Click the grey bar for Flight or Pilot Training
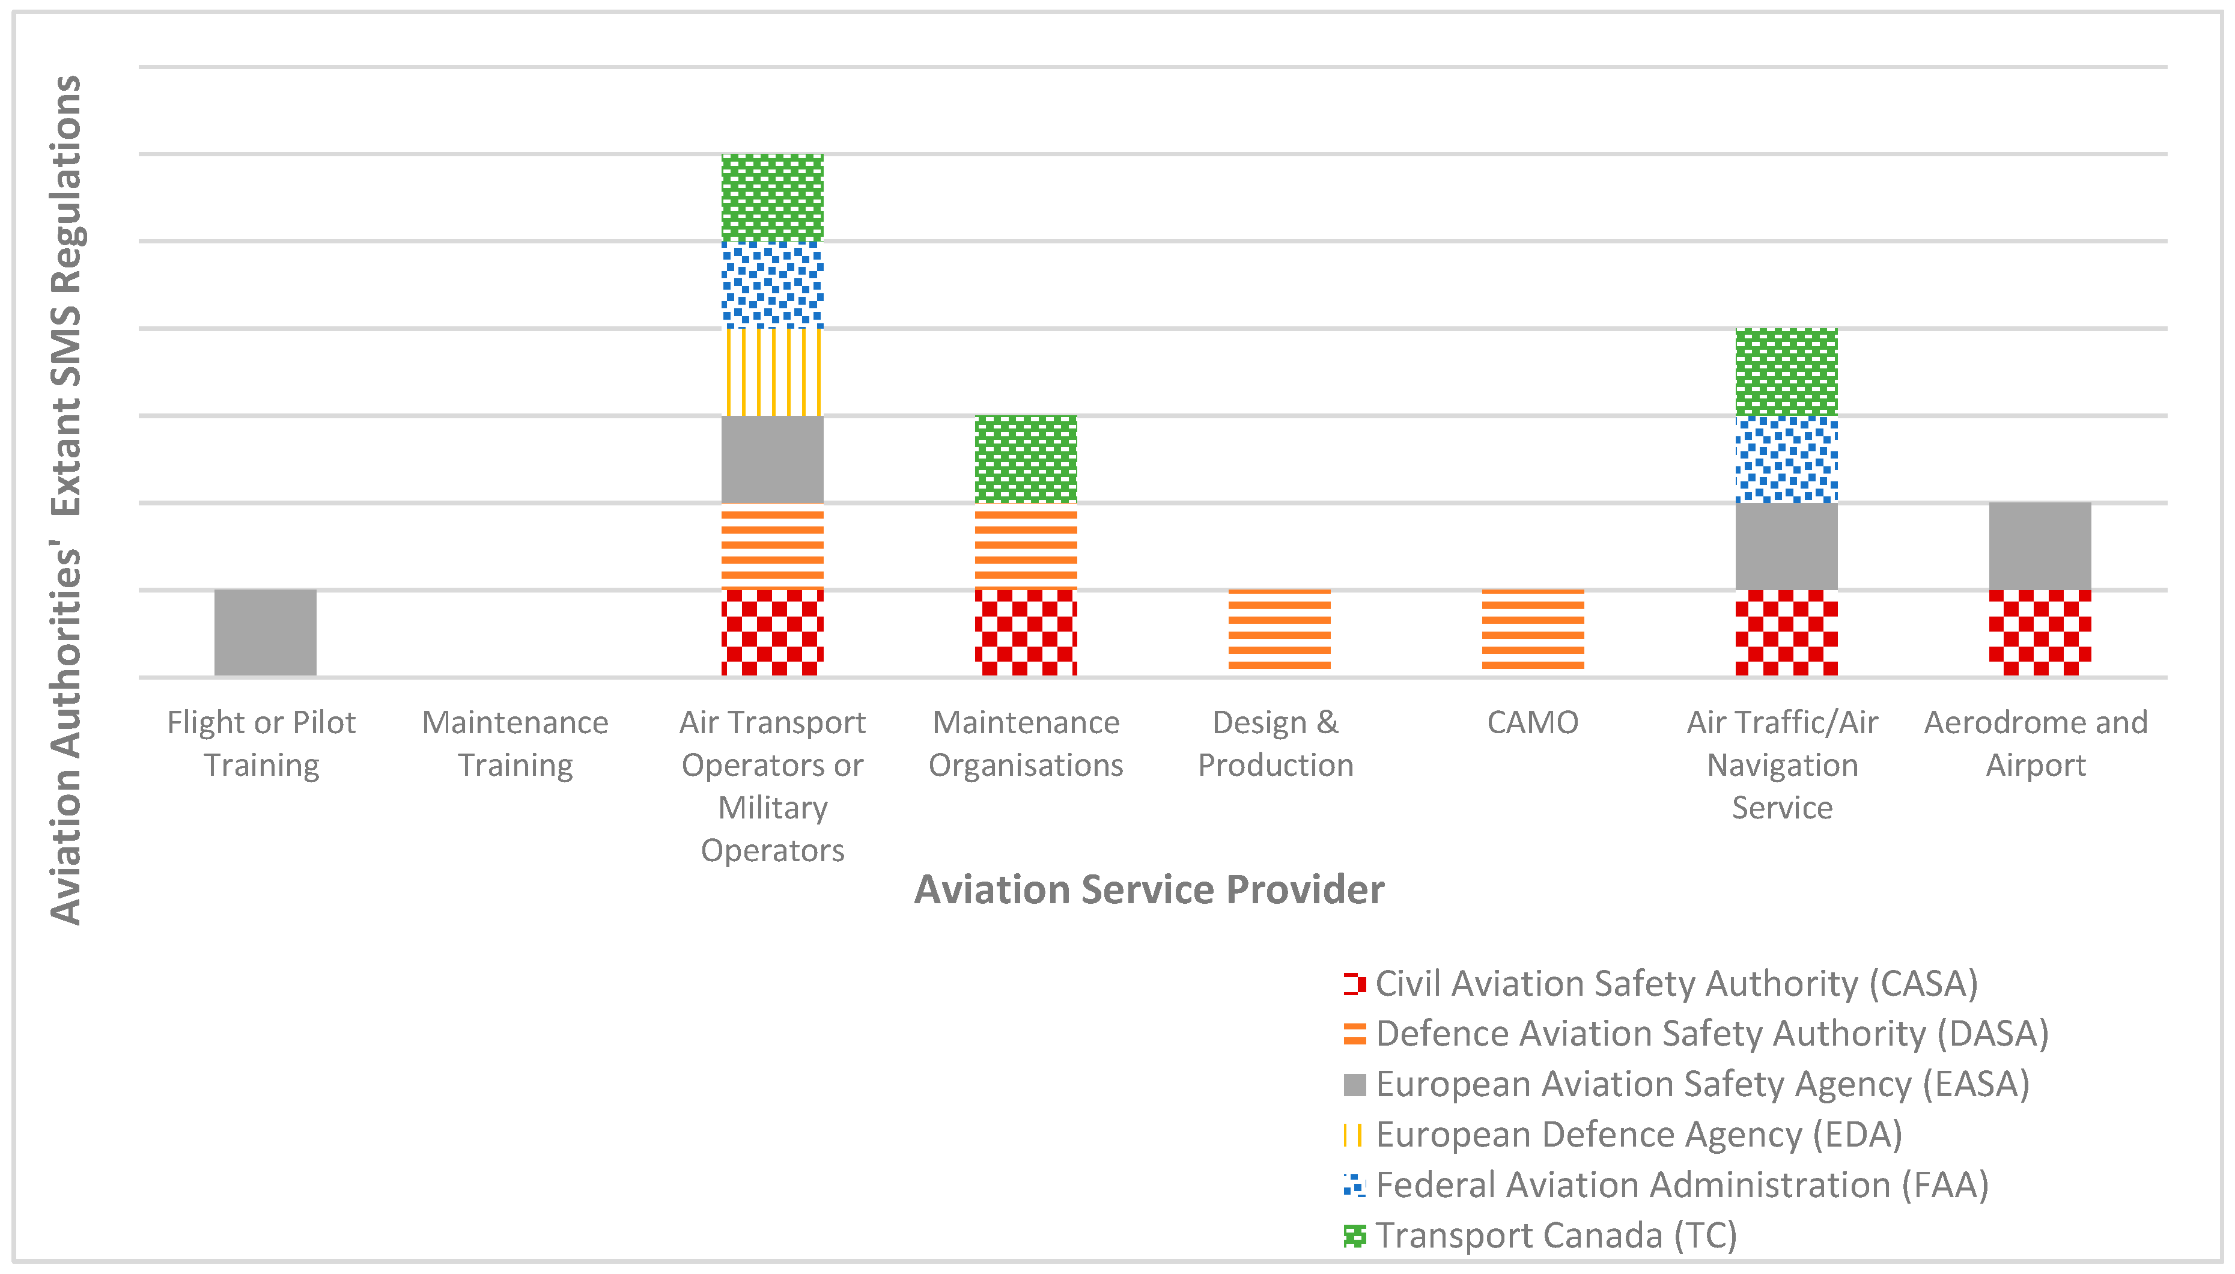pyautogui.click(x=265, y=633)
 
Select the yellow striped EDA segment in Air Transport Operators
pyautogui.click(x=773, y=372)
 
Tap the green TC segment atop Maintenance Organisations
pyautogui.click(x=1026, y=459)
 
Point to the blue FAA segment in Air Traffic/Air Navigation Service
pyautogui.click(x=1786, y=459)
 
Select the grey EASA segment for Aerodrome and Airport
pyautogui.click(x=2040, y=546)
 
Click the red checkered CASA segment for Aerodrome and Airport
pyautogui.click(x=2040, y=633)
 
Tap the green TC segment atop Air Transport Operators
pyautogui.click(x=773, y=198)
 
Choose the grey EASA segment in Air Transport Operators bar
pyautogui.click(x=773, y=459)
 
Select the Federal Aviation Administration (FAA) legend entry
pyautogui.click(x=1667, y=1184)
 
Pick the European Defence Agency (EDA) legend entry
pyautogui.click(x=1623, y=1135)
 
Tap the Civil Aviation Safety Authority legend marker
pyautogui.click(x=1354, y=984)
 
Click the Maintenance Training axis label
pyautogui.click(x=515, y=744)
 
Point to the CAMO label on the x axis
pyautogui.click(x=1533, y=723)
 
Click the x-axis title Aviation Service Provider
pyautogui.click(x=1149, y=890)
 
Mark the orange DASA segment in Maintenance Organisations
pyautogui.click(x=1026, y=546)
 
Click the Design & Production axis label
pyautogui.click(x=1276, y=744)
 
